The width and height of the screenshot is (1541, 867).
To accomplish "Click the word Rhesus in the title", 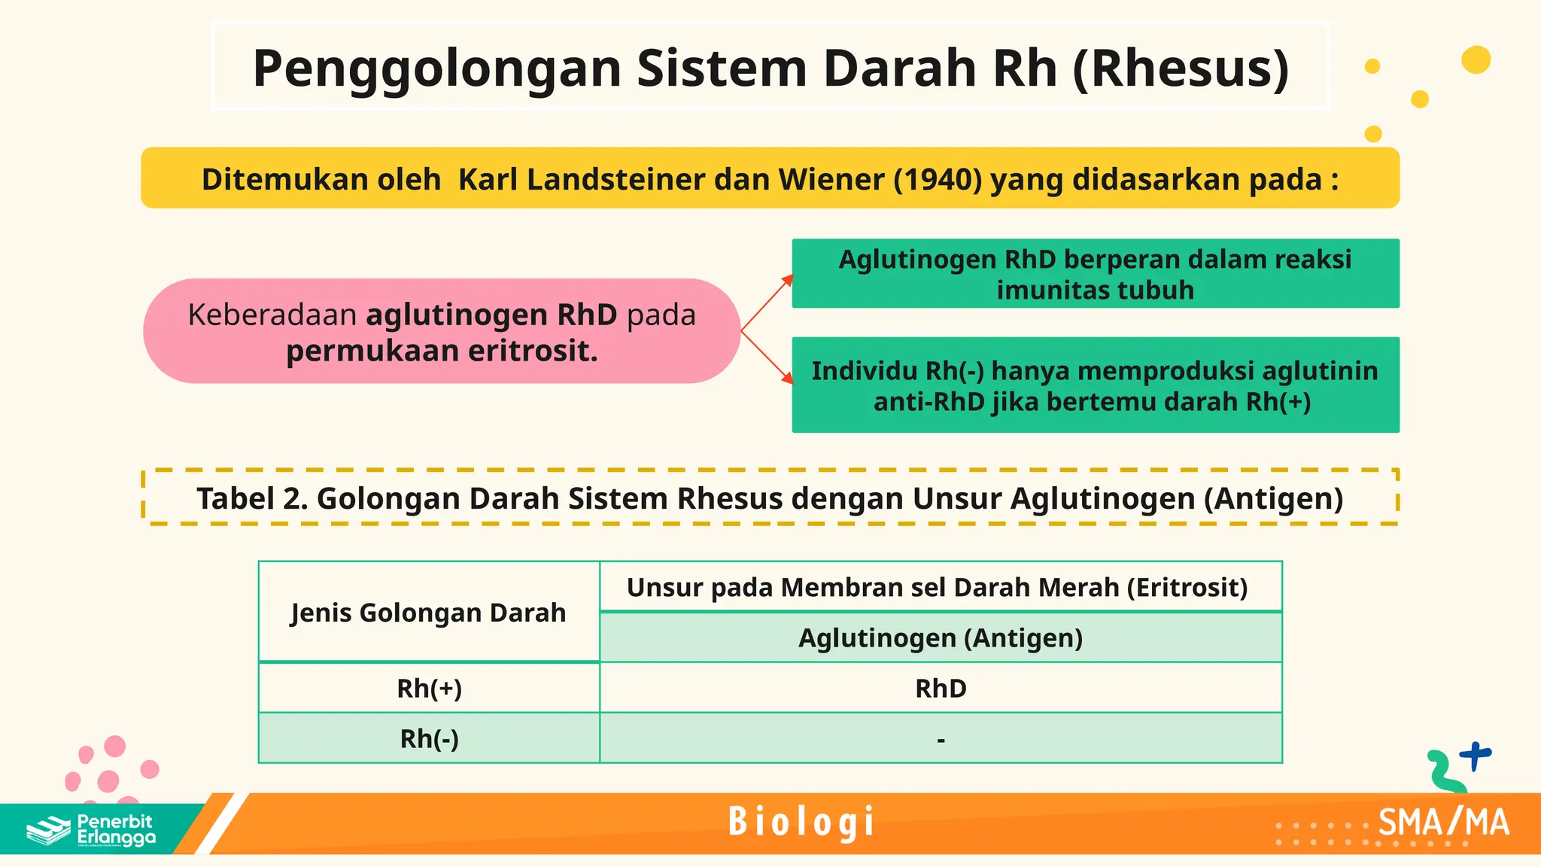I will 1180,69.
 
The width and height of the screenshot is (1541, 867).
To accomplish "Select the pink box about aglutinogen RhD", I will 442,331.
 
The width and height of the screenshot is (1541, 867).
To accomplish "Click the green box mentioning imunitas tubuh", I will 1095,274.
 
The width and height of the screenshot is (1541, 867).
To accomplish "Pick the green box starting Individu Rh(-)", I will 1095,385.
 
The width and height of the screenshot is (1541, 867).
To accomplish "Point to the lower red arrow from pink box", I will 767,358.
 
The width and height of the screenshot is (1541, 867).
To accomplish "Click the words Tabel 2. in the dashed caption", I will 251,499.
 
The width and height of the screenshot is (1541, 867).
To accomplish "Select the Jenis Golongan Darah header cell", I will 428,613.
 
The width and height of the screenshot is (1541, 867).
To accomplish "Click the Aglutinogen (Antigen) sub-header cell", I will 941,638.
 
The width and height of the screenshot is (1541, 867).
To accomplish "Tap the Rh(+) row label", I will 429,689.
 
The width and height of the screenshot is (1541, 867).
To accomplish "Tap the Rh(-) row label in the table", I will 429,739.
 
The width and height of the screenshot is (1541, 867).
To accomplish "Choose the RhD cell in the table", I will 941,689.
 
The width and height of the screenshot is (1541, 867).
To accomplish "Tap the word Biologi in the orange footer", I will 801,822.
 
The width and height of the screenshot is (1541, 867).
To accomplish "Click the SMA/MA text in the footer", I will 1443,823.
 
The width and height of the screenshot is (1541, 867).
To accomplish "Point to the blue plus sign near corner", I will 1475,755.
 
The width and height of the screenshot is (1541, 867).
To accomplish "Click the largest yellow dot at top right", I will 1476,60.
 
